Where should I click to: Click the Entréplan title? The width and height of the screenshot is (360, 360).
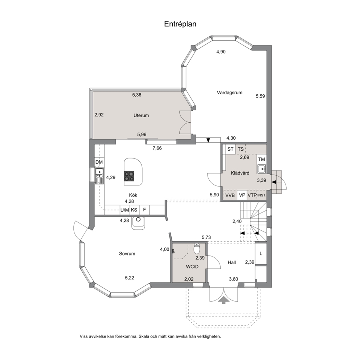180,24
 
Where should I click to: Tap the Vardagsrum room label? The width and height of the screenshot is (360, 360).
230,93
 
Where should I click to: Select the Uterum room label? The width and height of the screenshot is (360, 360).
141,115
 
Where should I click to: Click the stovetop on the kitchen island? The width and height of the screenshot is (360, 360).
129,176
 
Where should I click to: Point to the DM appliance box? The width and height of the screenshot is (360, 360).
99,162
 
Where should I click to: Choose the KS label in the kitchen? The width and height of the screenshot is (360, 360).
134,210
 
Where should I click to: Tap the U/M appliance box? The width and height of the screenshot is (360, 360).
125,210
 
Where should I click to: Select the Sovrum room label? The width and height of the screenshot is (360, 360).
127,254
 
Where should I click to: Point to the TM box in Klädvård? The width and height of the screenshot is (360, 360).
262,159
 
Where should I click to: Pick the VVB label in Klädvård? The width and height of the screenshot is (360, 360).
230,195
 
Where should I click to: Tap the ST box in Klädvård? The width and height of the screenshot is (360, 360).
230,149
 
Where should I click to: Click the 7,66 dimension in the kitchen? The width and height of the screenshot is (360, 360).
157,148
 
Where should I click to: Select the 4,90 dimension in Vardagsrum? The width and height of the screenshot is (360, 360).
221,52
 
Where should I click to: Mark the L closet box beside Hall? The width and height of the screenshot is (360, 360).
261,253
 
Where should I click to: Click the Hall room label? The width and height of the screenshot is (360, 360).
232,262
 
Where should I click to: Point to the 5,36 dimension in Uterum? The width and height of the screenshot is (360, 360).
137,95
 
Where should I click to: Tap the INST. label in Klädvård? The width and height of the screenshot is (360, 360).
262,195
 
